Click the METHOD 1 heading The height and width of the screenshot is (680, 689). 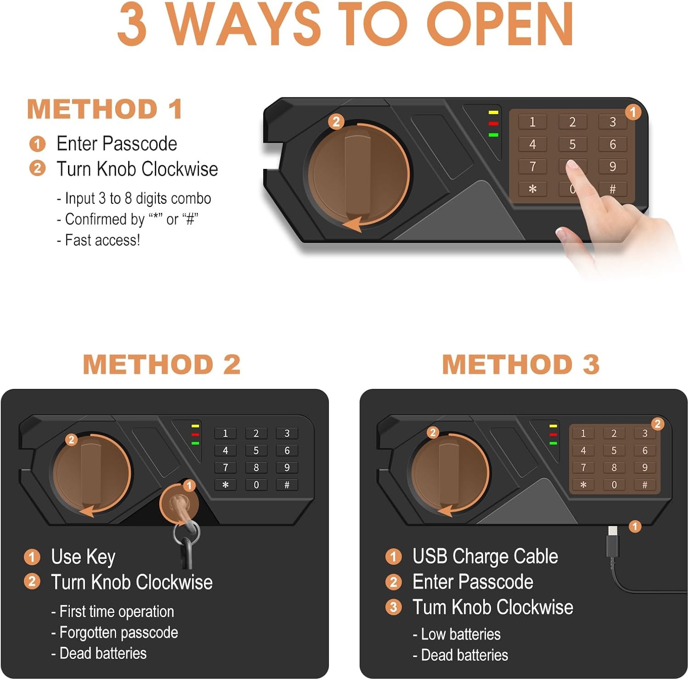pos(105,109)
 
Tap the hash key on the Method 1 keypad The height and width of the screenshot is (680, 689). pos(612,189)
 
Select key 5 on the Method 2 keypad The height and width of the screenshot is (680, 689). pos(256,450)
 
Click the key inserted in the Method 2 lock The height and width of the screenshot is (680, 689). pos(183,528)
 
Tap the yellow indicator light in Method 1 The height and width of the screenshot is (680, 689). pos(493,112)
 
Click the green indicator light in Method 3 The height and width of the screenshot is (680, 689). pos(553,443)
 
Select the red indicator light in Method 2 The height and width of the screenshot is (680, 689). pos(195,434)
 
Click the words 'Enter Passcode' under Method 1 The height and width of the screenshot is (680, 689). pos(117,144)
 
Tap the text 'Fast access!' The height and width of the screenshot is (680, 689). pos(102,240)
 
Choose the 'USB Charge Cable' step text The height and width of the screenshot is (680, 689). pos(485,556)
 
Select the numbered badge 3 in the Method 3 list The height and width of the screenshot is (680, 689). pos(393,607)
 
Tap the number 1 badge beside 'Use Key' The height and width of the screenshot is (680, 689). pos(32,556)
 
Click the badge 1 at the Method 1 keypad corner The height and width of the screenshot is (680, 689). pos(633,112)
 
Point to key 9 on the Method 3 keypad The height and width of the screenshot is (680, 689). pos(644,467)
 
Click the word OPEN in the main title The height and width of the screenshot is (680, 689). pos(500,24)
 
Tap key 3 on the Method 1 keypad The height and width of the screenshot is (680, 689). pos(612,122)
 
